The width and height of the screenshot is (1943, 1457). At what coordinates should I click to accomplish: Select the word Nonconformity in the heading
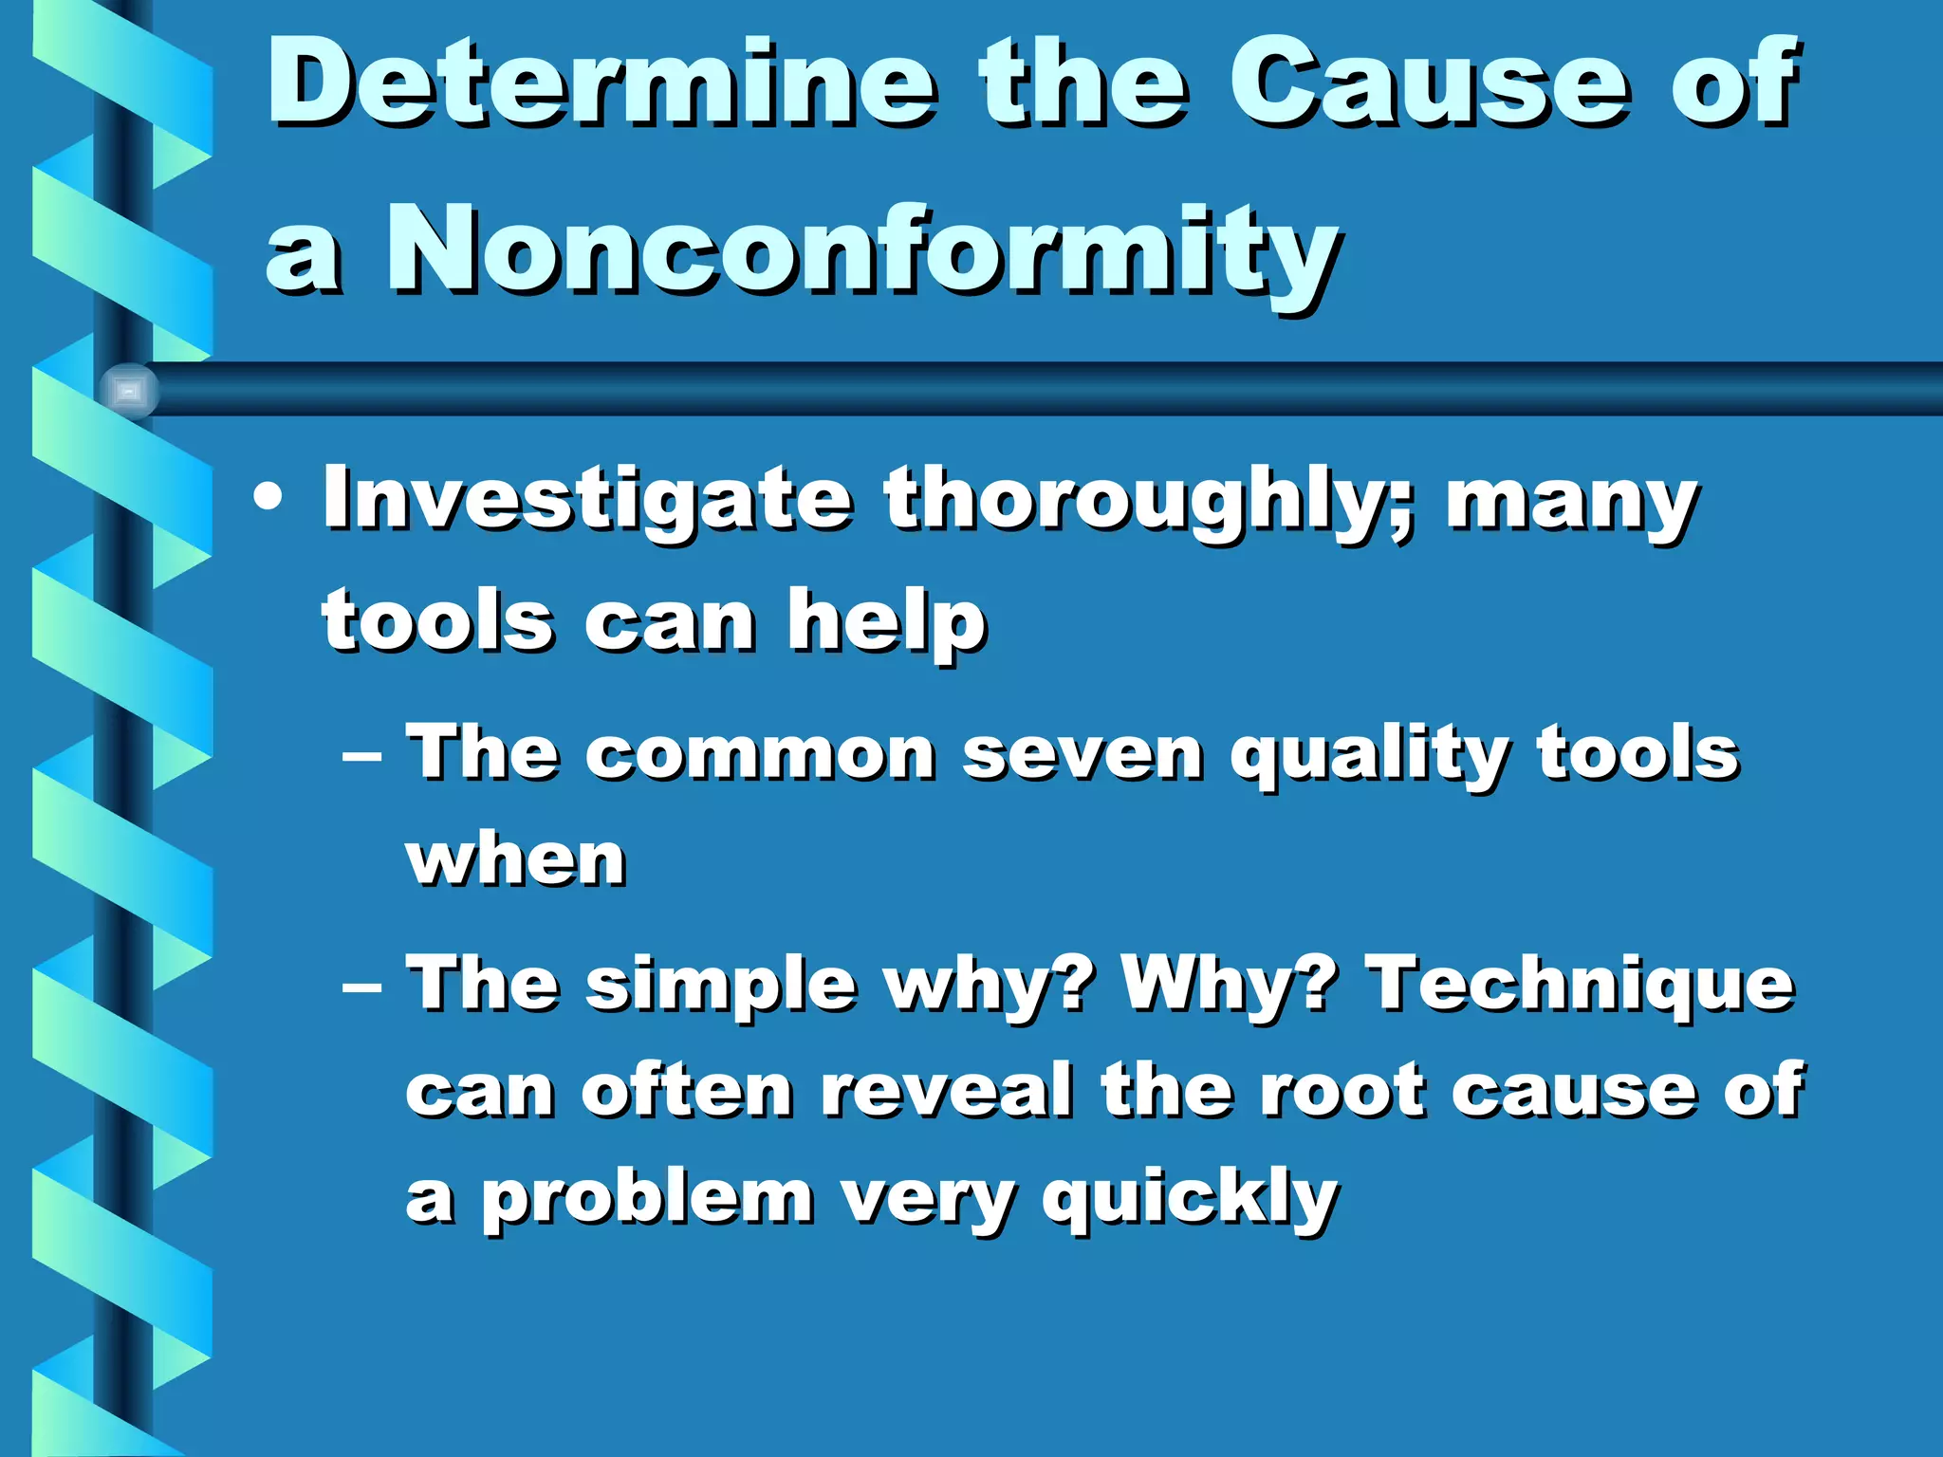pos(861,251)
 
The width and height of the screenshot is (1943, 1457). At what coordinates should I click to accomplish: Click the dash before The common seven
pos(361,756)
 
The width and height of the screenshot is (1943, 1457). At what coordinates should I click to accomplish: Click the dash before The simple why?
pos(361,987)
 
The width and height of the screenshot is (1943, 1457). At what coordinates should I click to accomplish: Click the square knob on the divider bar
pos(128,390)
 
